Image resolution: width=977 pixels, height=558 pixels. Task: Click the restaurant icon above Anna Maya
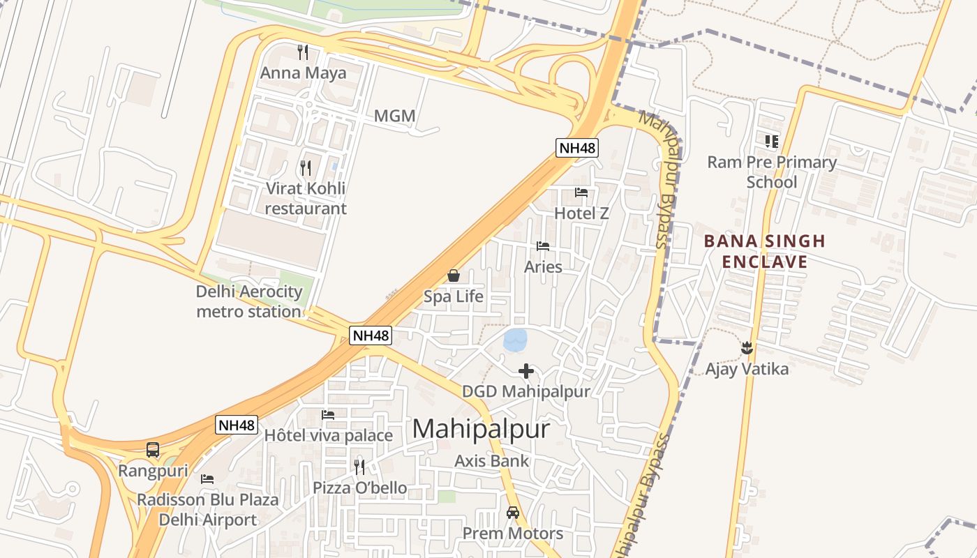pyautogui.click(x=303, y=52)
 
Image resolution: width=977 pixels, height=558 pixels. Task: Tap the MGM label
pyautogui.click(x=394, y=116)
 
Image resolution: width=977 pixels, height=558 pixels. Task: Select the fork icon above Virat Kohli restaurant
pyautogui.click(x=306, y=167)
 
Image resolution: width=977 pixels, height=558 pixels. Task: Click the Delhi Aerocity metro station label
pyautogui.click(x=248, y=301)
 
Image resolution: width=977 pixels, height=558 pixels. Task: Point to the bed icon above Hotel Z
pyautogui.click(x=581, y=193)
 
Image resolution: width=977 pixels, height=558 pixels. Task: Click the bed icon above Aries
pyautogui.click(x=543, y=246)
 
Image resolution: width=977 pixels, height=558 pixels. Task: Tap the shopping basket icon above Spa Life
pyautogui.click(x=454, y=276)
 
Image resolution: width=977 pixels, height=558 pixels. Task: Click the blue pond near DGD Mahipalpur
pyautogui.click(x=516, y=340)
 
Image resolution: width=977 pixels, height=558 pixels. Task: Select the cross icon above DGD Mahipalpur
pyautogui.click(x=526, y=371)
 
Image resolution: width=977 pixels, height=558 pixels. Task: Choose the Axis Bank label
pyautogui.click(x=492, y=460)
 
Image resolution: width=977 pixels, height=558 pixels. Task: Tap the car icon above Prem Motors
pyautogui.click(x=513, y=513)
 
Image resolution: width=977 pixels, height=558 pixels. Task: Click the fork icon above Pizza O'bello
pyautogui.click(x=359, y=467)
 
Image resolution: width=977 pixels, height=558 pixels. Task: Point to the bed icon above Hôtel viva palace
pyautogui.click(x=328, y=415)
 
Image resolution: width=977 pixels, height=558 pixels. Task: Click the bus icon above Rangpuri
pyautogui.click(x=153, y=450)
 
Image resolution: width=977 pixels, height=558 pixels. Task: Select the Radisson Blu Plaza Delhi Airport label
pyautogui.click(x=208, y=509)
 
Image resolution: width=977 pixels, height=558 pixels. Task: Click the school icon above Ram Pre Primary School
pyautogui.click(x=771, y=142)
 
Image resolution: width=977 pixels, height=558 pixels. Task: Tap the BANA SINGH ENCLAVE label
pyautogui.click(x=764, y=251)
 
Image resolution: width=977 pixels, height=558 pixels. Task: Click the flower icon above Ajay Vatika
pyautogui.click(x=747, y=347)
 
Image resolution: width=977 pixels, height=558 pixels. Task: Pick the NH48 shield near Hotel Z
pyautogui.click(x=577, y=147)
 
